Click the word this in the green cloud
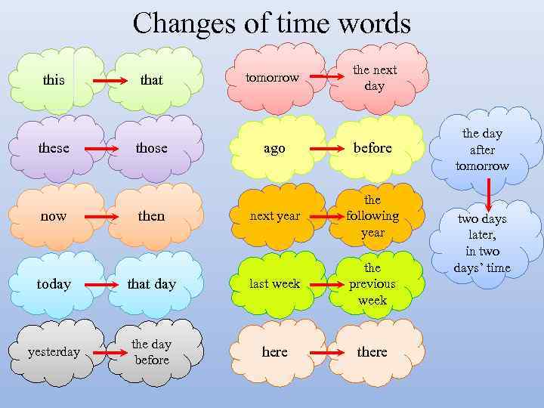pyautogui.click(x=54, y=79)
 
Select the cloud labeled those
pyautogui.click(x=151, y=147)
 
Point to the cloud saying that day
pyautogui.click(x=151, y=284)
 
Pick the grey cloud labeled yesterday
pyautogui.click(x=54, y=352)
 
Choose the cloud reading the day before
pyautogui.click(x=151, y=352)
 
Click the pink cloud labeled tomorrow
pyautogui.click(x=274, y=78)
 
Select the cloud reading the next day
pyautogui.click(x=374, y=78)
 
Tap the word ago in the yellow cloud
pyautogui.click(x=274, y=148)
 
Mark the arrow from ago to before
pyautogui.click(x=326, y=149)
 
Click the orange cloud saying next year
pyautogui.click(x=274, y=216)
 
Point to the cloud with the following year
pyautogui.click(x=372, y=216)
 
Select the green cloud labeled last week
pyautogui.click(x=274, y=284)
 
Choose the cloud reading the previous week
pyautogui.click(x=372, y=284)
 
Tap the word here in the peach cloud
pyautogui.click(x=274, y=352)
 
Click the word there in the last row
pyautogui.click(x=372, y=352)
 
